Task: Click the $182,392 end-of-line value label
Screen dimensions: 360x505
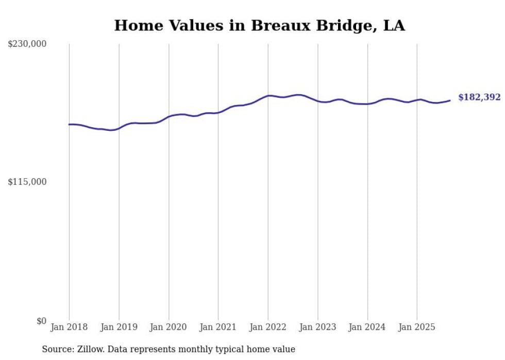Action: click(x=479, y=97)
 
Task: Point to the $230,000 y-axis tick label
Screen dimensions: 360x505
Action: click(x=27, y=44)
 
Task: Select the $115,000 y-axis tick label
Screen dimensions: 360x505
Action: click(x=27, y=182)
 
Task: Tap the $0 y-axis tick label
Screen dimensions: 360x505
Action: click(x=41, y=321)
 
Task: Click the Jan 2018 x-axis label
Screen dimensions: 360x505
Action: click(x=69, y=327)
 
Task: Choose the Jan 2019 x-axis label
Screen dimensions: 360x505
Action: click(x=119, y=327)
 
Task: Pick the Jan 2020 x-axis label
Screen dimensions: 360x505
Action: click(x=169, y=327)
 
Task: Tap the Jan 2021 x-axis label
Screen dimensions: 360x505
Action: click(x=218, y=327)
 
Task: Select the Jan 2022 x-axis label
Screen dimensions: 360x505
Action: click(x=268, y=327)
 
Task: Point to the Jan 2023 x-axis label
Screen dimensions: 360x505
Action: click(x=317, y=327)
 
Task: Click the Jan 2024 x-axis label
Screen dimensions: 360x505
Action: click(x=367, y=327)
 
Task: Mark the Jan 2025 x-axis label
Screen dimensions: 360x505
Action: click(x=417, y=327)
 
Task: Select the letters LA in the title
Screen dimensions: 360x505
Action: click(x=394, y=25)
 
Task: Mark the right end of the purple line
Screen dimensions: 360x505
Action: click(x=450, y=100)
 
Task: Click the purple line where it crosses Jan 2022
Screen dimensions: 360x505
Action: click(x=268, y=96)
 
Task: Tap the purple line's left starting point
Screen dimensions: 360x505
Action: click(x=69, y=124)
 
